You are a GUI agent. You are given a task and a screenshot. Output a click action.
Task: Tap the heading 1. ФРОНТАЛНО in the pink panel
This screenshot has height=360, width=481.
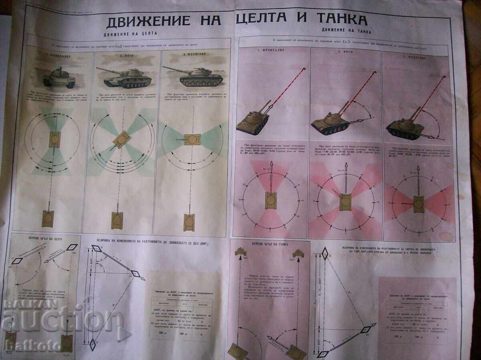[x=273, y=51]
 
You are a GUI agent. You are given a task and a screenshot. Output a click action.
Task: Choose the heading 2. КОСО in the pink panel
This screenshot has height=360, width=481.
[x=345, y=52]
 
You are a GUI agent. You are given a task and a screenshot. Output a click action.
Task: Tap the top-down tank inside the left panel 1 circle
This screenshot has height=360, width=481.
[x=53, y=138]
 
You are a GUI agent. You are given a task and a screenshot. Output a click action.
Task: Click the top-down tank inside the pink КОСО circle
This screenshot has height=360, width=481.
[x=346, y=201]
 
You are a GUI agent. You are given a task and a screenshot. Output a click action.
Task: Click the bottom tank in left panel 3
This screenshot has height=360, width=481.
[x=189, y=222]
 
